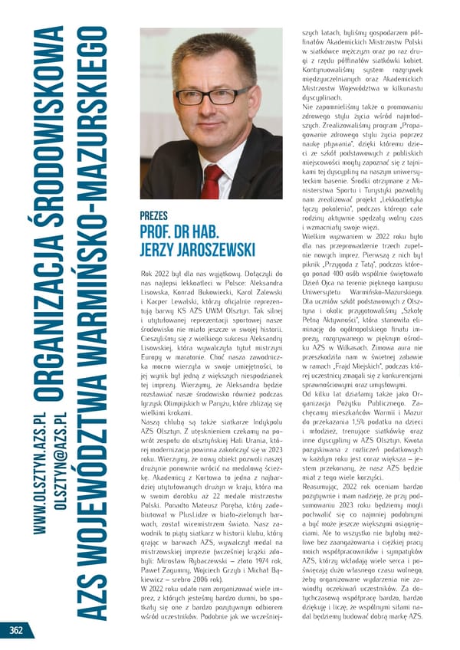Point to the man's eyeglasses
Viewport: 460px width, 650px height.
(211, 97)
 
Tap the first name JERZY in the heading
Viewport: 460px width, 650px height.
(159, 251)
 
